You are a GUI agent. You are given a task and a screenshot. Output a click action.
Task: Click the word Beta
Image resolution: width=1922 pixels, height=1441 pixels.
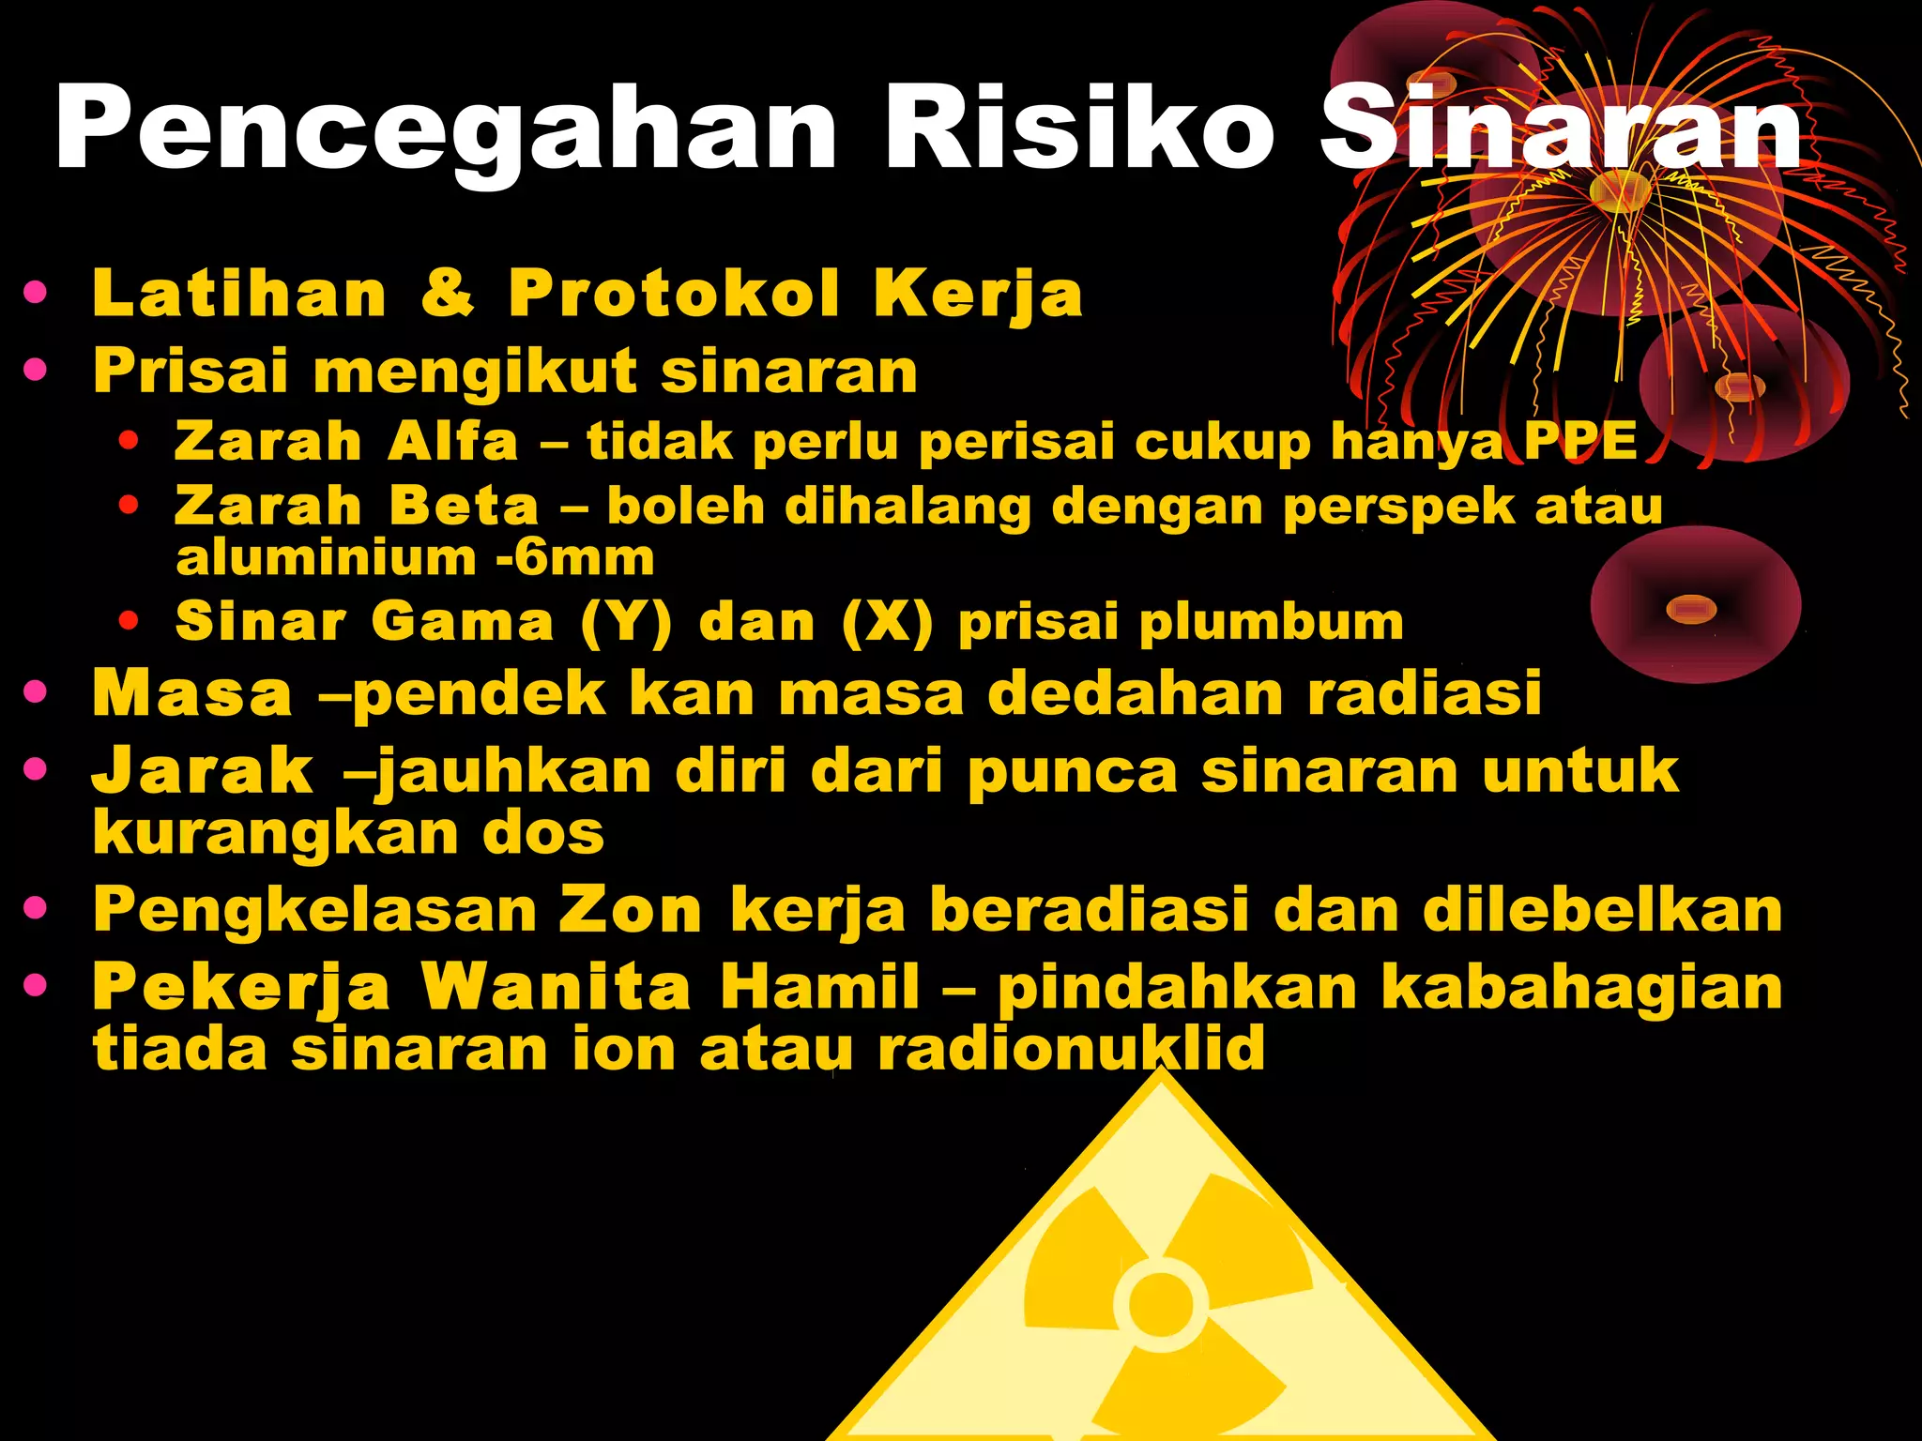point(464,506)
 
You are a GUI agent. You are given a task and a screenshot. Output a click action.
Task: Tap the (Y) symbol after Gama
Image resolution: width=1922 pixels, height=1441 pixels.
point(626,622)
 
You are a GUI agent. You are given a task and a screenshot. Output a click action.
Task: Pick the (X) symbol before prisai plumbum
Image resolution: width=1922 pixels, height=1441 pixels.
point(887,622)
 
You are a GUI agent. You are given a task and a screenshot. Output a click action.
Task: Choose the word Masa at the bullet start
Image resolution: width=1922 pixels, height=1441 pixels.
point(192,694)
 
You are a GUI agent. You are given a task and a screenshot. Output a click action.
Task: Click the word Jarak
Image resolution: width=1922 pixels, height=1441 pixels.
point(203,771)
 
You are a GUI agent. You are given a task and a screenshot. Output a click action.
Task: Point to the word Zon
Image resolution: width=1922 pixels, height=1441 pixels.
point(631,910)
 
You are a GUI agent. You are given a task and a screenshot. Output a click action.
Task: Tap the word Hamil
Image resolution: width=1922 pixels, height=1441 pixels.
point(819,987)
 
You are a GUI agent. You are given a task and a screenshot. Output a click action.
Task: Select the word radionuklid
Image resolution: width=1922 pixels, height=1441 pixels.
point(1071,1048)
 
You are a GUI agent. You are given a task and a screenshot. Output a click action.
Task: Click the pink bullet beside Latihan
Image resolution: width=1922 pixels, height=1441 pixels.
point(36,293)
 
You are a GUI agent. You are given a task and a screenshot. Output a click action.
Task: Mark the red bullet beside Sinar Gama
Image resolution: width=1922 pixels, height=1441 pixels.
point(130,620)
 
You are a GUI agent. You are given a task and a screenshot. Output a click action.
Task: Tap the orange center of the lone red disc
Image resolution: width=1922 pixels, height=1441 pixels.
point(1691,610)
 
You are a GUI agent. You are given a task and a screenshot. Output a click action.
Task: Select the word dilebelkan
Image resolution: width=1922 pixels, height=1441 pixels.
point(1602,910)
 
